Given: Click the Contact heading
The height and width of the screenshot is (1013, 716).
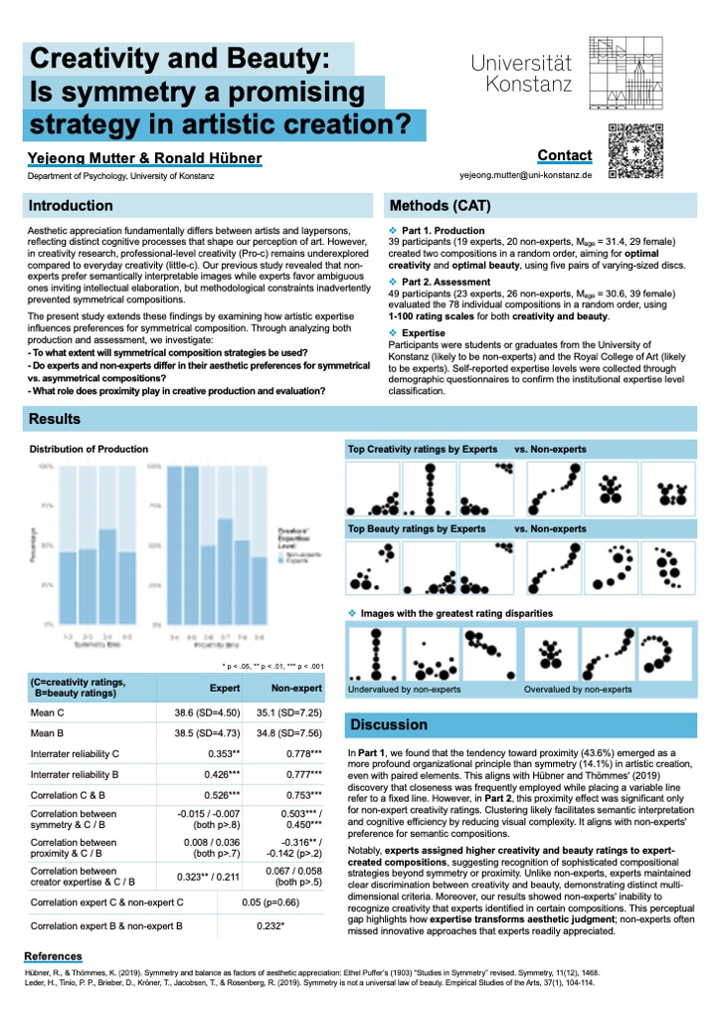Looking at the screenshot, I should pos(564,155).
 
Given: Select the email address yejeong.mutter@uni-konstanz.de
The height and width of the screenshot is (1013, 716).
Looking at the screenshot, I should pos(526,174).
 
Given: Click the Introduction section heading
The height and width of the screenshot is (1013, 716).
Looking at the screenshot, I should pos(71,206).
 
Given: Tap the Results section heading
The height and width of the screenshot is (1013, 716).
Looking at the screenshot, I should pos(56,420).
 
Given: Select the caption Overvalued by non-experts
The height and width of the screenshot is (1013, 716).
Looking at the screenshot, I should pos(578,689).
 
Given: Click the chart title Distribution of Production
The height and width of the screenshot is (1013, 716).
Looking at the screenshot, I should pos(89,450).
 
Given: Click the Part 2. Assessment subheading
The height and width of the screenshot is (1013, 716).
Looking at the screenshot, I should pos(444,282).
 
